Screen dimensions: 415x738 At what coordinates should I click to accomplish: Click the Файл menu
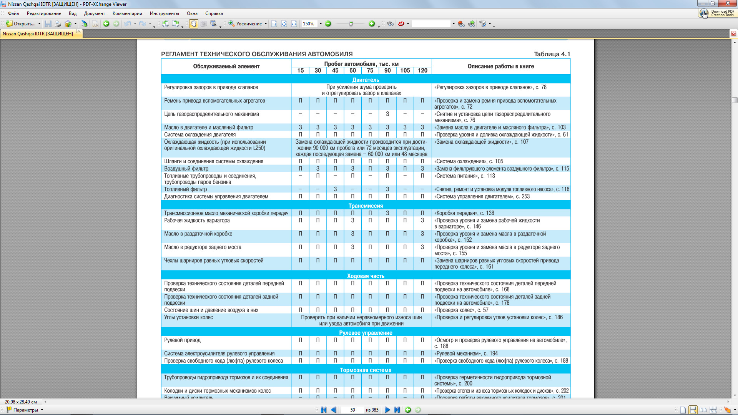click(13, 13)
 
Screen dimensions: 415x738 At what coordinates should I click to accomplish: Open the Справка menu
click(214, 13)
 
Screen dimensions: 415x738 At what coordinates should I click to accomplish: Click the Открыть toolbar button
click(23, 24)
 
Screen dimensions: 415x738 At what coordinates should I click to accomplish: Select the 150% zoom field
click(309, 24)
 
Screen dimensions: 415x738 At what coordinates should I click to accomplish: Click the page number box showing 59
click(352, 410)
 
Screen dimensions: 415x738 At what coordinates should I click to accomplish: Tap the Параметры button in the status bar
click(25, 410)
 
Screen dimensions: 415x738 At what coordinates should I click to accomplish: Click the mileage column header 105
click(405, 71)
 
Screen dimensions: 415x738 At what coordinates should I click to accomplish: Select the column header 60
click(352, 71)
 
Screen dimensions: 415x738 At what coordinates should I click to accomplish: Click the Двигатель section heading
click(366, 80)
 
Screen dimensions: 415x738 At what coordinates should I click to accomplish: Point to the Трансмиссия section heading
click(366, 206)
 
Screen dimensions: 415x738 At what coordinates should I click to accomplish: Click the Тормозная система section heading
click(366, 370)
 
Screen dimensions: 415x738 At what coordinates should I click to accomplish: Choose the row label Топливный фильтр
click(185, 189)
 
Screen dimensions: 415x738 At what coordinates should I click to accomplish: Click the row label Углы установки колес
click(188, 317)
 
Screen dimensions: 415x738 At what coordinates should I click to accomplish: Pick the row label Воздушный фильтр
click(186, 169)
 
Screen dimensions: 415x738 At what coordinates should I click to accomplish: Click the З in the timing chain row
click(387, 114)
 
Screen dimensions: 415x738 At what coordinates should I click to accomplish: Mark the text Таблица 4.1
click(552, 54)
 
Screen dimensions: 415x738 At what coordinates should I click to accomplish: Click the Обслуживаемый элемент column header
click(226, 66)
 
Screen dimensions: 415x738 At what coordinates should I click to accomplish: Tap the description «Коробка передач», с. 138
click(464, 213)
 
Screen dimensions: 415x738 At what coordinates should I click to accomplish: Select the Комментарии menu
click(127, 13)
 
